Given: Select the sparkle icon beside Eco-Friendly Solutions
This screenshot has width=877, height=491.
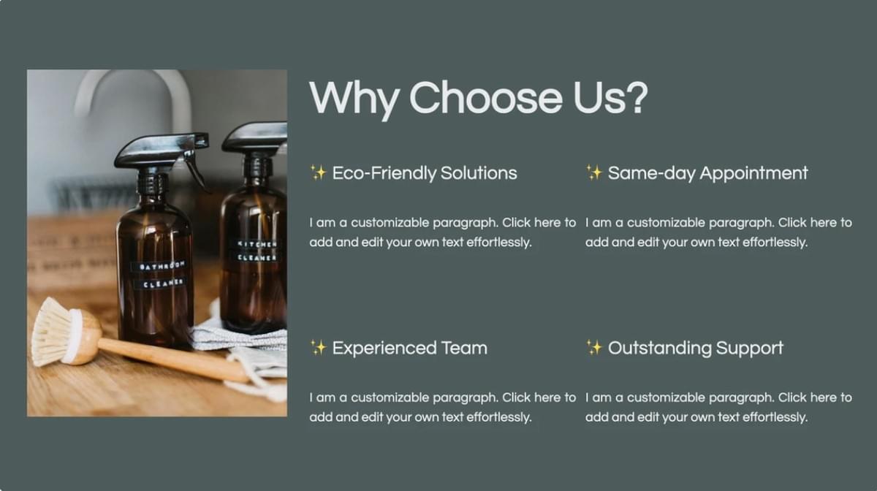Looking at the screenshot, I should coord(318,173).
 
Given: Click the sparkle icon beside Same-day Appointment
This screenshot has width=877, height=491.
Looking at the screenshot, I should coord(594,173).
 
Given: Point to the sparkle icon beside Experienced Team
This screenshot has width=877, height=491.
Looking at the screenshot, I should coord(318,348).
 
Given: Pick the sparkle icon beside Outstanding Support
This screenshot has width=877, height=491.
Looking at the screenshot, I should coord(594,348).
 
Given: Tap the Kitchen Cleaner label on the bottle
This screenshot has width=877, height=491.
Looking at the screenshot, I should coord(256,251).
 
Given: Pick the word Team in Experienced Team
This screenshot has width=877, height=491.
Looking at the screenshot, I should coord(464,348).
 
